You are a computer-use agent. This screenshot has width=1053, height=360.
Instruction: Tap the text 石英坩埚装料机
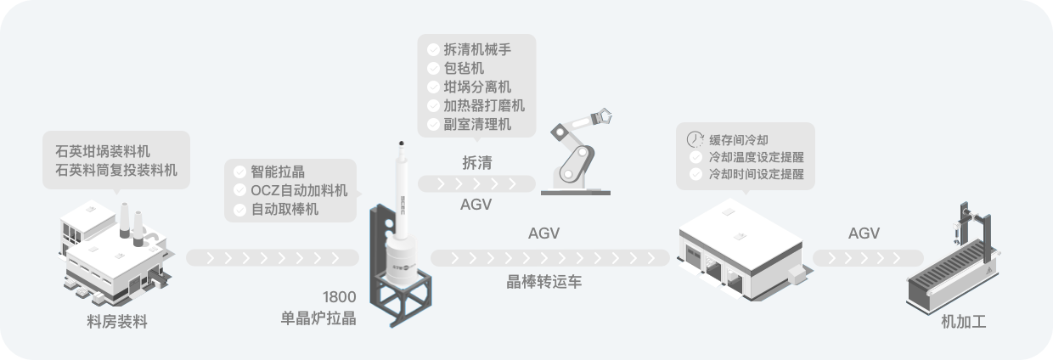[102, 151]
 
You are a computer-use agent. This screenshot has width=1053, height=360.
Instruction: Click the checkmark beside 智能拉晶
[239, 171]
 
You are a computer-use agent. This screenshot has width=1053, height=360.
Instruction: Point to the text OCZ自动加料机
[300, 189]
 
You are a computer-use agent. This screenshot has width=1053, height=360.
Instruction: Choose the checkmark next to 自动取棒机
[239, 209]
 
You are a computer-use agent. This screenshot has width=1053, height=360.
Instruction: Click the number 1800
[339, 298]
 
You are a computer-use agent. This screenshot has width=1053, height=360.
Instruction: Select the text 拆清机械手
[477, 49]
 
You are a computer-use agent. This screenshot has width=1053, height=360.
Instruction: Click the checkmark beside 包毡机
[433, 68]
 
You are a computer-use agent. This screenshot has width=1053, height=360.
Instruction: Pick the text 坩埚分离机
[477, 87]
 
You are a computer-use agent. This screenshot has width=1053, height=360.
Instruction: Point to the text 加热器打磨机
[484, 105]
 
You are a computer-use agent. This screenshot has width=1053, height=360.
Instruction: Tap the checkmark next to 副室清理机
[433, 124]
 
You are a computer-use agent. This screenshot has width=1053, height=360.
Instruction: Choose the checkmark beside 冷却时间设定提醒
[696, 175]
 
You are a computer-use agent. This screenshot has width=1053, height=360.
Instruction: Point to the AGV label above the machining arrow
[864, 233]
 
